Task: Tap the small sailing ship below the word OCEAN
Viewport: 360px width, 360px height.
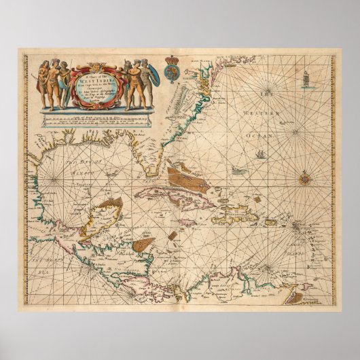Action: (x=260, y=154)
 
